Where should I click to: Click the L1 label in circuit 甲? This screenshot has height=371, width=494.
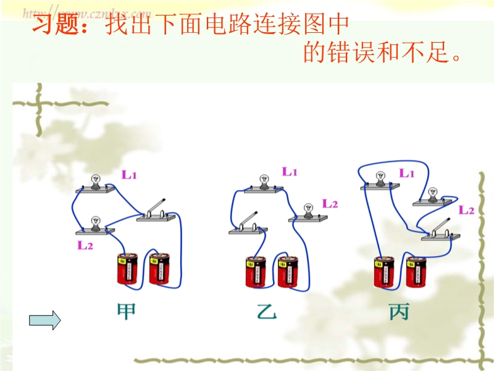129,175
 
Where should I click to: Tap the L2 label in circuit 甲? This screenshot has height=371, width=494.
85,245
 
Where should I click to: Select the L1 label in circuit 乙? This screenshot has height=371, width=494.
290,172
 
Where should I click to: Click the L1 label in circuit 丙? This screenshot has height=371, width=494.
406,174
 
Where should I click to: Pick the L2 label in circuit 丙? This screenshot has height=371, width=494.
466,210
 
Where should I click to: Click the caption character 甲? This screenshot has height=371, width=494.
127,311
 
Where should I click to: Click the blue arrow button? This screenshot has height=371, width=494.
45,320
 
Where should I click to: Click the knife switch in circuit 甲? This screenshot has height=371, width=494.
156,211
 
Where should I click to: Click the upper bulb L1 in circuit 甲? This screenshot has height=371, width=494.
96,183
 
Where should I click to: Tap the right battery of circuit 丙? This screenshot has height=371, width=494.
416,272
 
